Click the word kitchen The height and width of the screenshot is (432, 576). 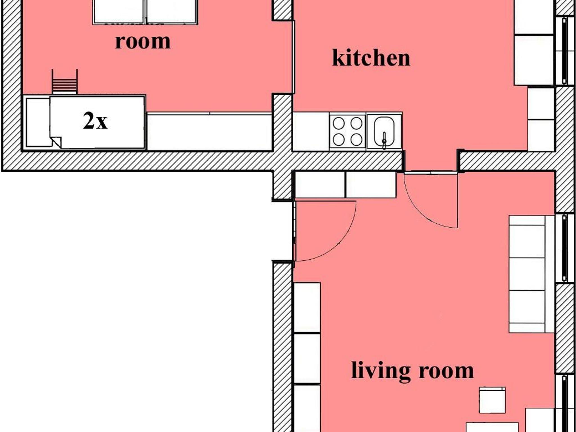(x=371, y=58)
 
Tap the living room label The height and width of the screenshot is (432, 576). (x=413, y=371)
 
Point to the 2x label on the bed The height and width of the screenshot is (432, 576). (x=95, y=121)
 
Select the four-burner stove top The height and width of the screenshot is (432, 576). (x=348, y=131)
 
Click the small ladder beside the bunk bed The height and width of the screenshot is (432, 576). (x=65, y=81)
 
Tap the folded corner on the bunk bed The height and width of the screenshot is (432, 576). (x=56, y=142)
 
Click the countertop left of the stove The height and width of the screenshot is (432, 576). (x=311, y=131)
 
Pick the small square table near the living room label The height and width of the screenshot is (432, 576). (x=492, y=400)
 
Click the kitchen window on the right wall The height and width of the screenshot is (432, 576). (x=565, y=51)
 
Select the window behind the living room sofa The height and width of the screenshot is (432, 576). (x=565, y=248)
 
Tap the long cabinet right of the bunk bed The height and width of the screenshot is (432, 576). (x=210, y=131)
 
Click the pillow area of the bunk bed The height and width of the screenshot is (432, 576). (x=38, y=122)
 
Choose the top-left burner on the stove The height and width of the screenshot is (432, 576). (x=339, y=123)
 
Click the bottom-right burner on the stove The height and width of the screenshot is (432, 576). (x=356, y=139)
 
